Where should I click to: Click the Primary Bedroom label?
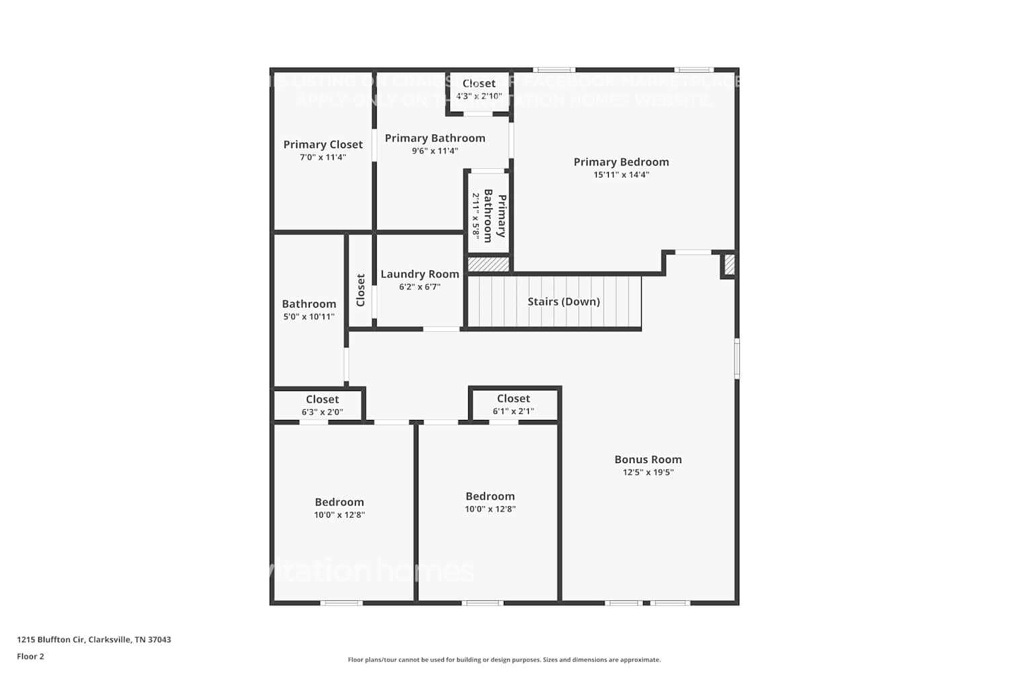point(621,162)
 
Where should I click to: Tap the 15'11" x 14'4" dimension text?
point(621,175)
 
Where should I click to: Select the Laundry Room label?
point(420,274)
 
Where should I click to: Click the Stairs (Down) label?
point(564,302)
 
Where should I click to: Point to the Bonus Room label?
point(648,460)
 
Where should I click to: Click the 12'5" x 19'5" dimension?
point(648,472)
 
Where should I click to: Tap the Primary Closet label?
point(323,145)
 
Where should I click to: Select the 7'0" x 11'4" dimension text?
point(323,157)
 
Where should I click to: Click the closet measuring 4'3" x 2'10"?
point(479,90)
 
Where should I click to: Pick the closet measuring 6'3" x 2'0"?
point(322,405)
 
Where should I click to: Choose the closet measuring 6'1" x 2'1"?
point(513,404)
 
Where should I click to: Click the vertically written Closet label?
point(361,289)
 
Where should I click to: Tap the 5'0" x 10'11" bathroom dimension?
point(309,317)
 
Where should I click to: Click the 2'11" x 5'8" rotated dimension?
point(476,216)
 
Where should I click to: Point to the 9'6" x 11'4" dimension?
point(435,151)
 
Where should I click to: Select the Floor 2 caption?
point(30,657)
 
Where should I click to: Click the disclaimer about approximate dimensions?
point(504,660)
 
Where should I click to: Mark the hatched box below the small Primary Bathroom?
point(488,264)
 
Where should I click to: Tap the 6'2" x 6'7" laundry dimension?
point(420,287)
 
